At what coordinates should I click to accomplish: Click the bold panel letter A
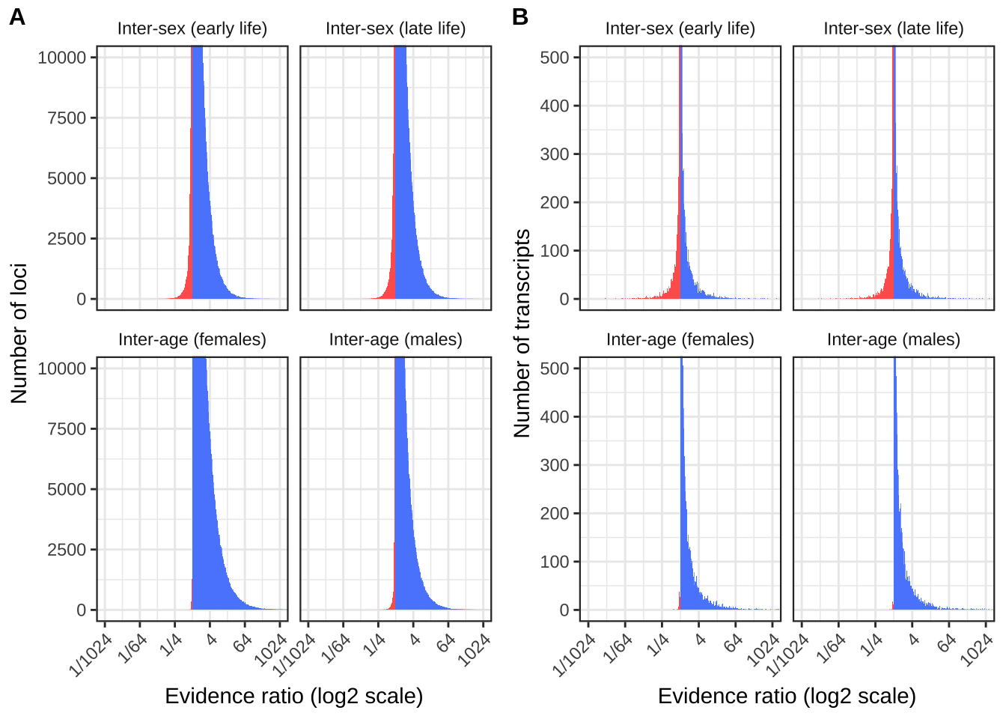tap(16, 17)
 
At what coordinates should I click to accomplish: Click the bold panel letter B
tap(520, 17)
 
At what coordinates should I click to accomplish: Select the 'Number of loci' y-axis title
tap(19, 333)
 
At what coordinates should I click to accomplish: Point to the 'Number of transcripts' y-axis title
tap(522, 333)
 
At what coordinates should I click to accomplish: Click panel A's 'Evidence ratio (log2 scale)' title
tap(293, 696)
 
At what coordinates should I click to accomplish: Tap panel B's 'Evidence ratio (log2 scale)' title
tap(787, 696)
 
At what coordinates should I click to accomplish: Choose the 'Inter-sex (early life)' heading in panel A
tap(192, 28)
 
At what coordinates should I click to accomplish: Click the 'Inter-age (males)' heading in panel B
tap(893, 339)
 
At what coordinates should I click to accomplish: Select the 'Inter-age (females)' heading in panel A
tap(192, 339)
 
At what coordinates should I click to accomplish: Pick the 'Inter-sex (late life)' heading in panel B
tap(893, 28)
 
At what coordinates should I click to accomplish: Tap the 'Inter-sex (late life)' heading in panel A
tap(395, 28)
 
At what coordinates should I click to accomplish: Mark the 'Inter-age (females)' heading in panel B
tap(680, 339)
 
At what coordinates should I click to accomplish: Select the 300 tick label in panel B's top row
tap(555, 154)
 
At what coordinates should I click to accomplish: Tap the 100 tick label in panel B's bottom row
tap(555, 562)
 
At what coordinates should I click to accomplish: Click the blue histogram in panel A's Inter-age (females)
tap(206, 524)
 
